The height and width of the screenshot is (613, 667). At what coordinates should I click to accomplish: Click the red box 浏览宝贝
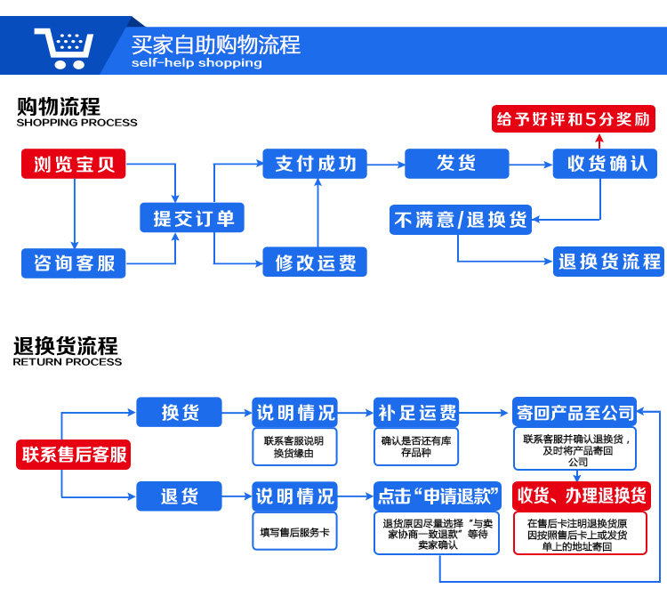tap(74, 165)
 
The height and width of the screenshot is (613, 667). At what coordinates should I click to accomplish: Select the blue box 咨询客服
tap(74, 262)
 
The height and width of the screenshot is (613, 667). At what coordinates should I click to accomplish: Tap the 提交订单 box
tap(192, 218)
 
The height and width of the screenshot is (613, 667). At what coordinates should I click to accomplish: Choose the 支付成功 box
tap(316, 164)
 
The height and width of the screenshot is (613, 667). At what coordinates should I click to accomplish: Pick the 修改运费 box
tap(316, 262)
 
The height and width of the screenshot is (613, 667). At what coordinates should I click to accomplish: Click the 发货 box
tap(456, 164)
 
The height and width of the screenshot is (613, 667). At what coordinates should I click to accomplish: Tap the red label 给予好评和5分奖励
tap(573, 118)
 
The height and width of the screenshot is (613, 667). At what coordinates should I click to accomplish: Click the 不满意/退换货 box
tap(461, 219)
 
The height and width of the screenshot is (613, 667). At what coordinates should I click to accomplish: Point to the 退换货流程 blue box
tap(609, 262)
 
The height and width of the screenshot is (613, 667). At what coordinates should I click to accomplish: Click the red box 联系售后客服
tap(74, 455)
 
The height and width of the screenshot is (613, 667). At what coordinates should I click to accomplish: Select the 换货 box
tap(179, 413)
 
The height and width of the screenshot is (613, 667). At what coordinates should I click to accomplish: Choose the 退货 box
tap(179, 496)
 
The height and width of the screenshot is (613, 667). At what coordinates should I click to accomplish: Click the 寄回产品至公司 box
tap(575, 413)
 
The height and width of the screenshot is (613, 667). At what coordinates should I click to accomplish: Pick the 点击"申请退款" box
tap(437, 496)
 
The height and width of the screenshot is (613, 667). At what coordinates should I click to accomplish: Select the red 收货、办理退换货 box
tap(581, 496)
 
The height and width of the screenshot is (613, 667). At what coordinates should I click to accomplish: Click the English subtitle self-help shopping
tap(197, 63)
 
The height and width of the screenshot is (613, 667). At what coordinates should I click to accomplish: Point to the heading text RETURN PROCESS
tap(68, 362)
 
